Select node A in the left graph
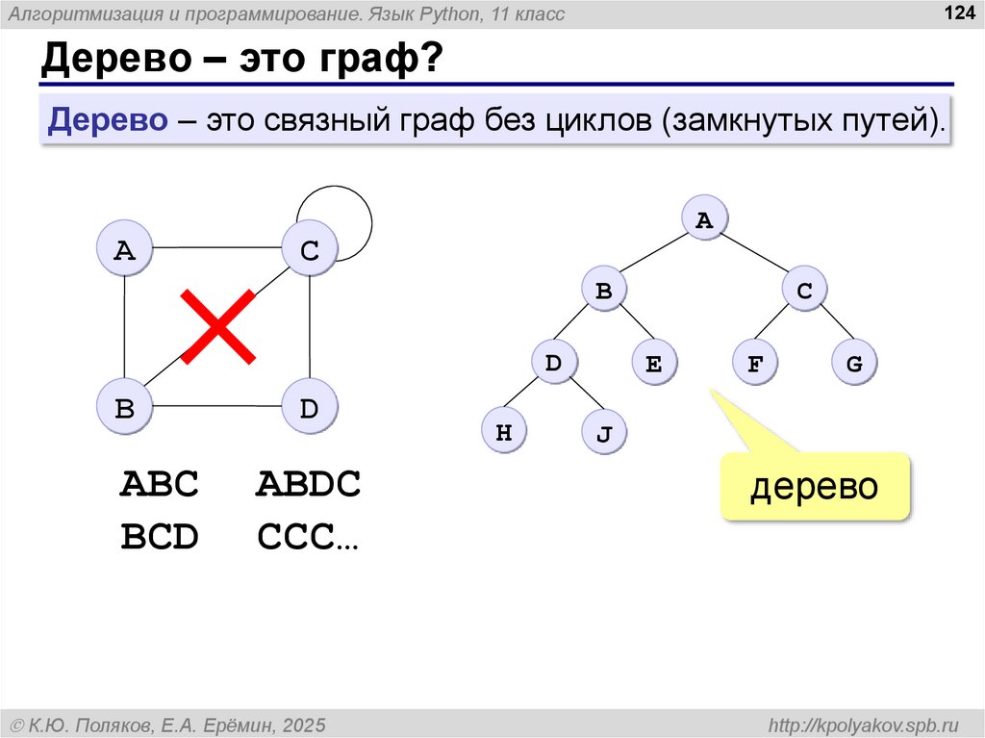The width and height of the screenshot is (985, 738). [x=125, y=251]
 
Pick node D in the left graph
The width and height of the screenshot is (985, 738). [x=308, y=408]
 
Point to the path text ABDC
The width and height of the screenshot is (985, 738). [x=308, y=484]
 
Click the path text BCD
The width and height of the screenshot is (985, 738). [x=160, y=538]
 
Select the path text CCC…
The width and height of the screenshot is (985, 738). [x=308, y=538]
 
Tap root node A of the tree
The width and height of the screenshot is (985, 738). [x=704, y=220]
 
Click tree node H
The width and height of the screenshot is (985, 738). [x=503, y=433]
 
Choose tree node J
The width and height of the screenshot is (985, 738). [x=604, y=434]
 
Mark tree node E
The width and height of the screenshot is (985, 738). [x=654, y=365]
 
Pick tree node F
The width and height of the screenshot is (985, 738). [x=755, y=365]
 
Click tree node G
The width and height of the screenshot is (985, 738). [x=854, y=365]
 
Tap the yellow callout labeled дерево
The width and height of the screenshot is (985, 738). [x=815, y=486]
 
